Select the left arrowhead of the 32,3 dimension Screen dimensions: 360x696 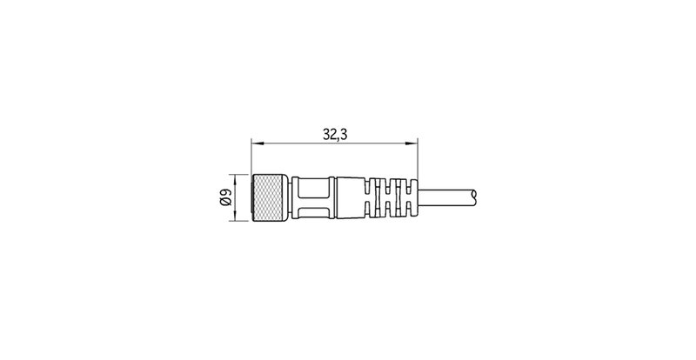255,143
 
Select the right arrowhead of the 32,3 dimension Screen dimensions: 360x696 413,143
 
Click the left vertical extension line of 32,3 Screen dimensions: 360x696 251,157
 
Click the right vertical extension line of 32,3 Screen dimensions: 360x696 418,161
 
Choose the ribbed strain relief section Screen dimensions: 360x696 392,197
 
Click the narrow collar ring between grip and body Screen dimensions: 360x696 334,197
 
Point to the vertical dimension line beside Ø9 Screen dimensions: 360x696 237,197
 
